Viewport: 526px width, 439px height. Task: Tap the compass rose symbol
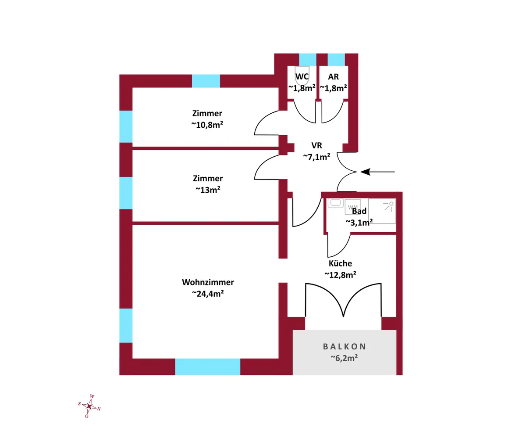coord(89,407)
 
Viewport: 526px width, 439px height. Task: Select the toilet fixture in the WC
coord(302,76)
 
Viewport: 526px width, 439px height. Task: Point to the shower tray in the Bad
coord(382,211)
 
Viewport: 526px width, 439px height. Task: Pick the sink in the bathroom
coord(336,203)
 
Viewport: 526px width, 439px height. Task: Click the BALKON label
coord(344,346)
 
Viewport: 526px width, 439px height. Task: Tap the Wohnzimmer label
coord(208,282)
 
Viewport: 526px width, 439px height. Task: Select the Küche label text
coord(340,263)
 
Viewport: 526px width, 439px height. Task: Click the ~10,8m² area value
coord(207,125)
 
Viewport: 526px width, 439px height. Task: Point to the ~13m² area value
coord(207,190)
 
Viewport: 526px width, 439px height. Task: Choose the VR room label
coord(316,145)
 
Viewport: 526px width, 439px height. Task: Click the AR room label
coord(333,77)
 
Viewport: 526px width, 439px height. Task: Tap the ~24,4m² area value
coord(208,294)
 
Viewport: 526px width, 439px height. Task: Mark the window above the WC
coord(307,59)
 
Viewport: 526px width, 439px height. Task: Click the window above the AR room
coord(336,59)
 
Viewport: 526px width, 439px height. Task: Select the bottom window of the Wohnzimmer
coord(208,367)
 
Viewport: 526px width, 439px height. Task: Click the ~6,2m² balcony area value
coord(344,358)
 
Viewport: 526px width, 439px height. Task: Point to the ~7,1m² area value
coord(316,157)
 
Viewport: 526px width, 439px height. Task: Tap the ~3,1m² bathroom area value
coord(359,222)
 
